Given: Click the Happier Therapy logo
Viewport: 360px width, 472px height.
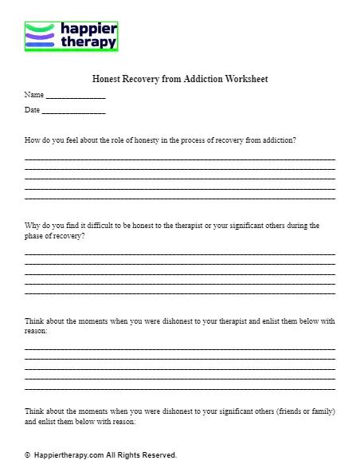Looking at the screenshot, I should pos(71,37).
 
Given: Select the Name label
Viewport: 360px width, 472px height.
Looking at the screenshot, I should pos(33,95).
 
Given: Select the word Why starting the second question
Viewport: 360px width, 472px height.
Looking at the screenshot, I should pos(32,226).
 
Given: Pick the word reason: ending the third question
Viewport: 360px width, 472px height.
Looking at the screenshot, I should pos(37,330).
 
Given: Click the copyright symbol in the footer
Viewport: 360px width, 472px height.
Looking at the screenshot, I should pos(28,455).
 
